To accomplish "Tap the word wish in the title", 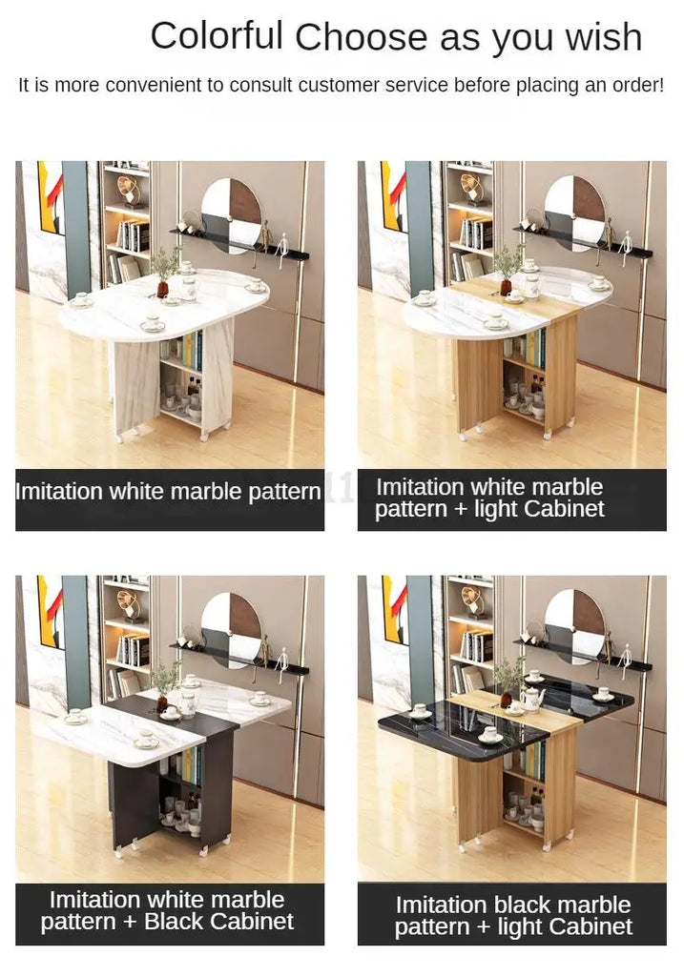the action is coord(604,36).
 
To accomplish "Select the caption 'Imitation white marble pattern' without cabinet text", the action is coord(168,492).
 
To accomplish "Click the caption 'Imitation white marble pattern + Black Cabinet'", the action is coord(167,910).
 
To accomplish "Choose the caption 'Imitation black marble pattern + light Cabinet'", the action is coord(513,916).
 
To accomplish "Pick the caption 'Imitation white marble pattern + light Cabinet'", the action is coord(489,498).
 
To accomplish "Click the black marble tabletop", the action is coord(436,722).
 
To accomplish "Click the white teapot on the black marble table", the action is coord(531,699).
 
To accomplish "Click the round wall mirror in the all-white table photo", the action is coord(231,215).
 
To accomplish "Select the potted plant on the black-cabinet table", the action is coord(163,684).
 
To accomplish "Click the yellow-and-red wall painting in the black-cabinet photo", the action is coord(51,613).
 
